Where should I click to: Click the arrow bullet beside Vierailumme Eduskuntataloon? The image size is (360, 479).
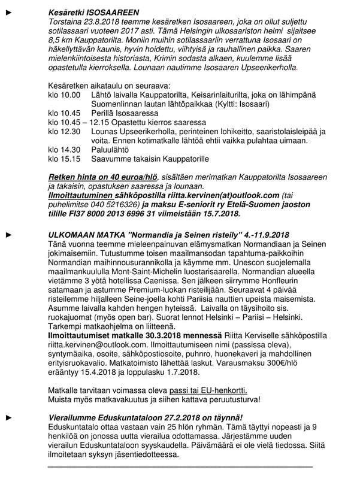tap(7, 416)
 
